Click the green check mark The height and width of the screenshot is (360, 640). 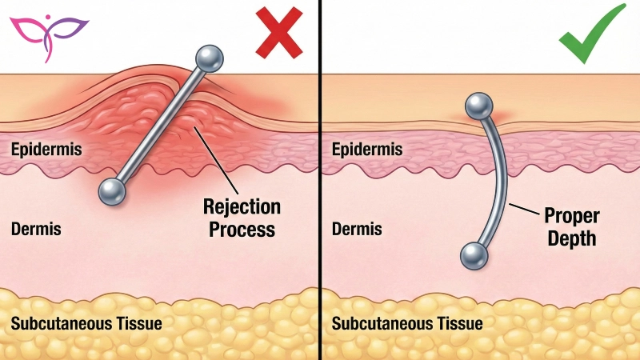tap(593, 33)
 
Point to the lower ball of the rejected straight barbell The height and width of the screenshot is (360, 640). tap(112, 190)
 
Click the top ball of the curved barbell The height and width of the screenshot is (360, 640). tap(478, 105)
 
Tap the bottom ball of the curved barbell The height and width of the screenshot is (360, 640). tap(475, 256)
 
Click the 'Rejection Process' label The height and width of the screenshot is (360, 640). tap(242, 218)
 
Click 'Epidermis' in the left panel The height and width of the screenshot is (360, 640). tap(46, 149)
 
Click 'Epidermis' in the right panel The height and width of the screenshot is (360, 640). tap(366, 149)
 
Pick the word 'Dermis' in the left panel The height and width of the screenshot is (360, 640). tap(36, 230)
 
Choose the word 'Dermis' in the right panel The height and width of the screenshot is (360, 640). tap(357, 230)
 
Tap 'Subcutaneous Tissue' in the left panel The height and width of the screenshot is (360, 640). tap(86, 324)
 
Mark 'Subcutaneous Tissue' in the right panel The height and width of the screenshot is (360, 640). tap(407, 324)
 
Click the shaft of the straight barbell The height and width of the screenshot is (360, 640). tap(160, 124)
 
